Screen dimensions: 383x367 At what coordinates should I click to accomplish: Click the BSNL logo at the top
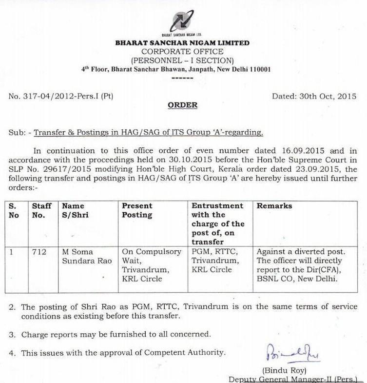182,20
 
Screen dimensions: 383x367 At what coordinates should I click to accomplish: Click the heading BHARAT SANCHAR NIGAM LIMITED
182,43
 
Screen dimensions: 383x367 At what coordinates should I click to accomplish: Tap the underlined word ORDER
183,105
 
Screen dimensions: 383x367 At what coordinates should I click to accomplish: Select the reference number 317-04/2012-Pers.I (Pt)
68,97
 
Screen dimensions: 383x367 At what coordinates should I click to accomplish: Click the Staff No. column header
42,210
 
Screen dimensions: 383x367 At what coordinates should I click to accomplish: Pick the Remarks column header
274,206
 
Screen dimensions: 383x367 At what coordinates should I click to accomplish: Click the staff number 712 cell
39,252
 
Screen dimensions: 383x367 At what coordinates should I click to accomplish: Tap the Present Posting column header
137,210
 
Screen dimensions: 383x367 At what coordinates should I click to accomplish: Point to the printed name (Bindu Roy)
284,370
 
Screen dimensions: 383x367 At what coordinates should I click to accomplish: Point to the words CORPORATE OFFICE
182,52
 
